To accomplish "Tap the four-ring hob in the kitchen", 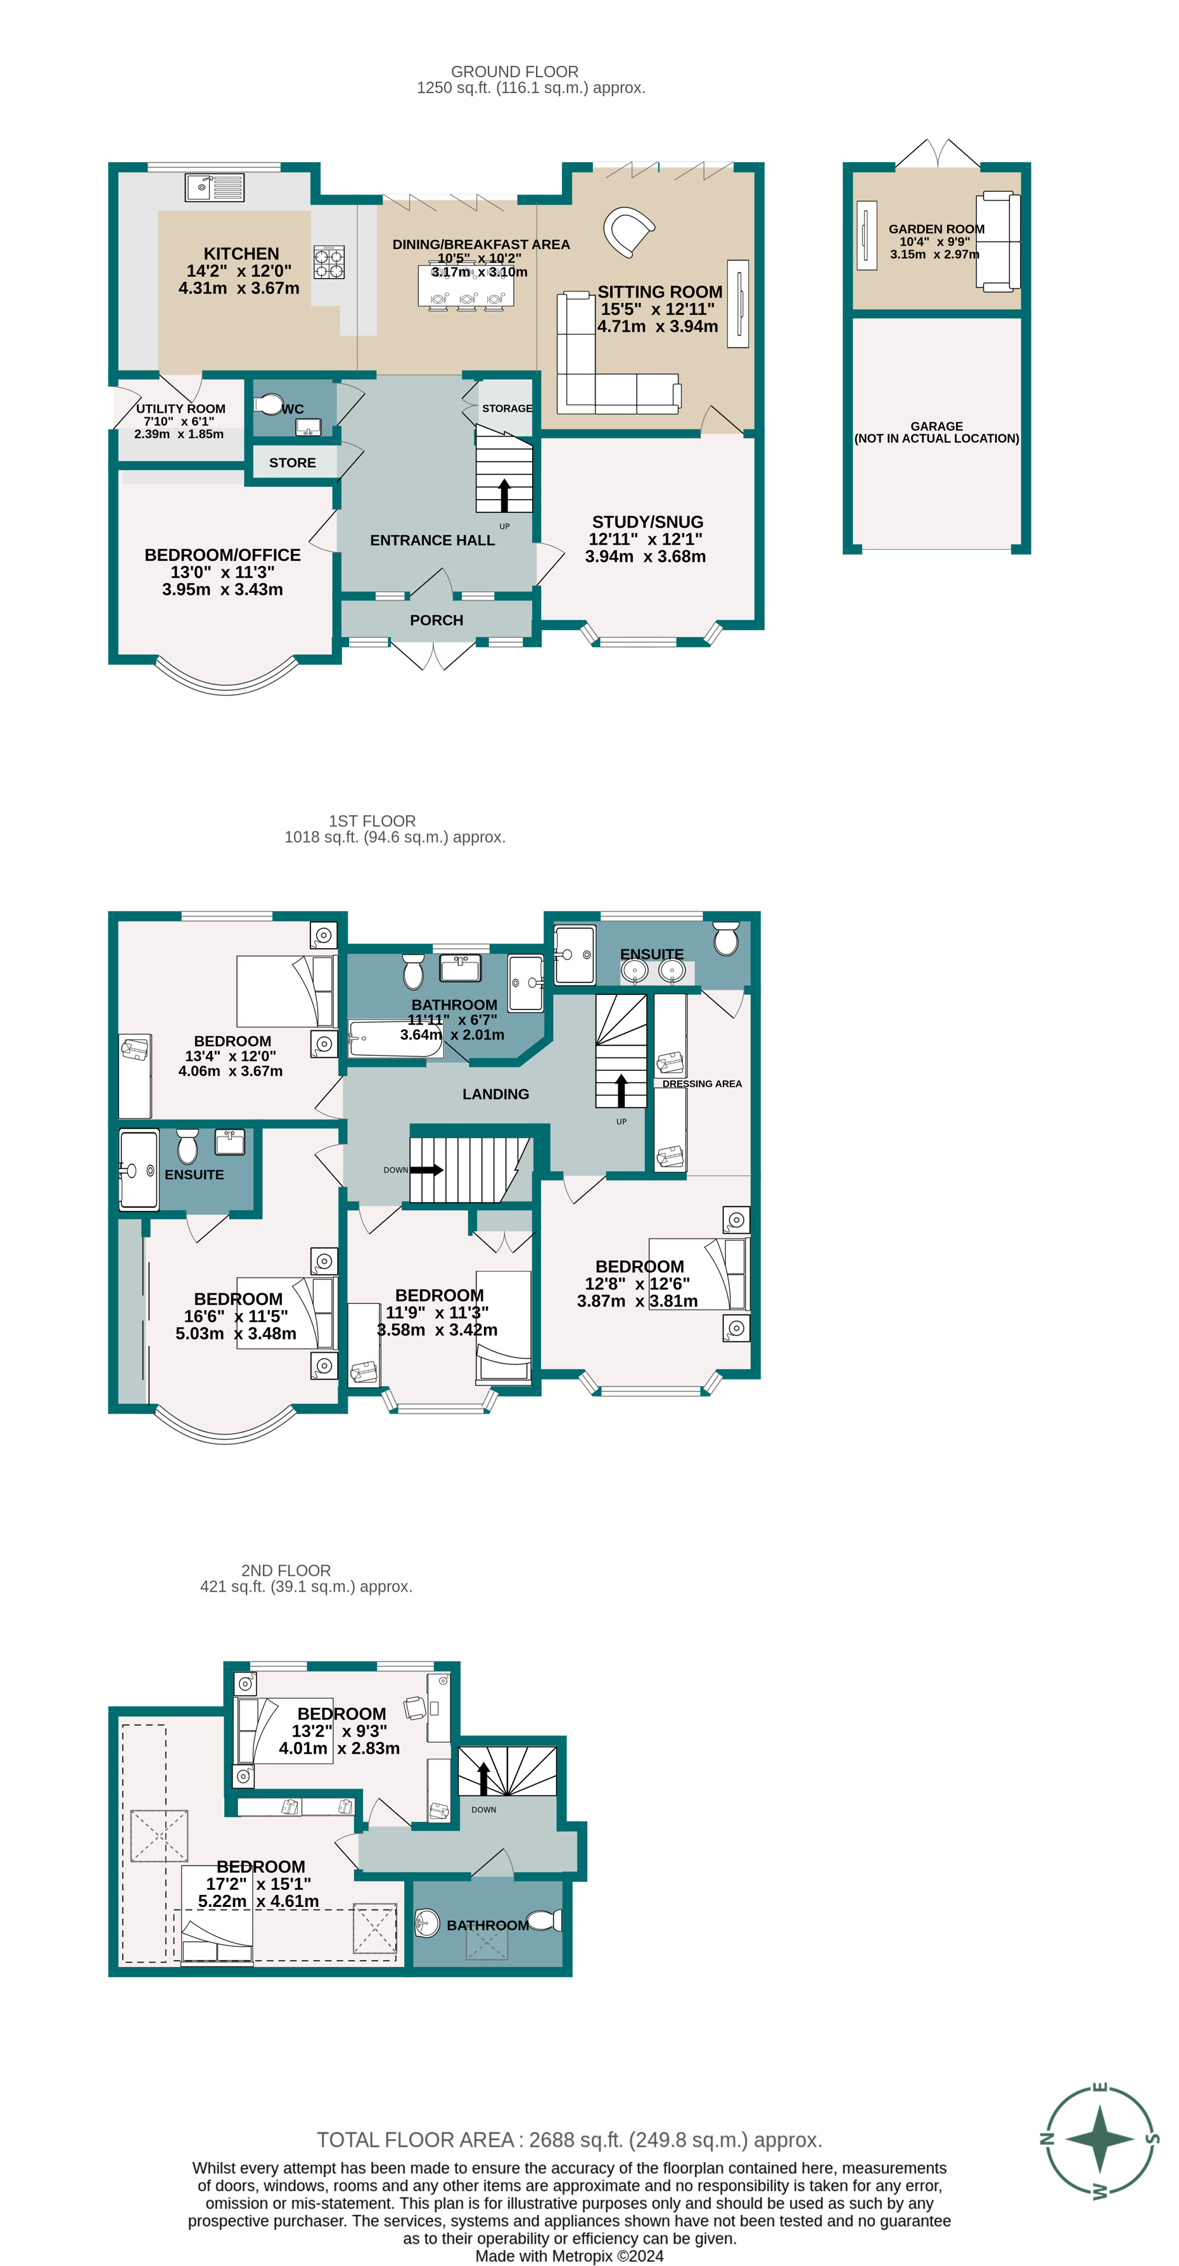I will point(329,262).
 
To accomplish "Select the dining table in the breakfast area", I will point(466,286).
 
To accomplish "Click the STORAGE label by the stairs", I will point(507,408).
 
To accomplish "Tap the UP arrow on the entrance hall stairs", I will point(504,495).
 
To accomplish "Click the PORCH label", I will point(437,620).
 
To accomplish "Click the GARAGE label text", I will point(936,426).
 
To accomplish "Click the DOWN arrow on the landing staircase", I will point(427,1170).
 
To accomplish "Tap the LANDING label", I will point(495,1094).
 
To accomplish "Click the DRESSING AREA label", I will point(701,1084).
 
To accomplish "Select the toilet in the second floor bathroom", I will point(545,1920).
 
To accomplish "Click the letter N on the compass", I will point(1047,2139).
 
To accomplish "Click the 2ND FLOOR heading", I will point(286,1570).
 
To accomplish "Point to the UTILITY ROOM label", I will point(181,408).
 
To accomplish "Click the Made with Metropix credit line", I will point(570,2257).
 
